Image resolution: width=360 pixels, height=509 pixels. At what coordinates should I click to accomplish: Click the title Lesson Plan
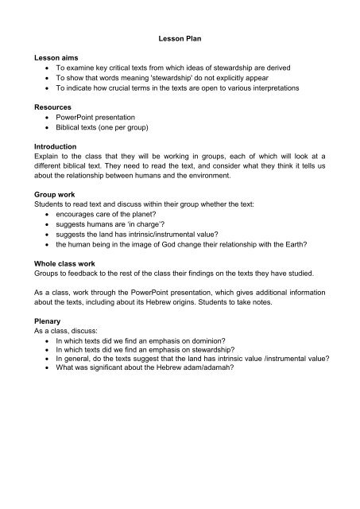click(x=180, y=37)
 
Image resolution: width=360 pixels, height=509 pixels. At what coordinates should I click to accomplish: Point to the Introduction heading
click(x=55, y=147)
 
